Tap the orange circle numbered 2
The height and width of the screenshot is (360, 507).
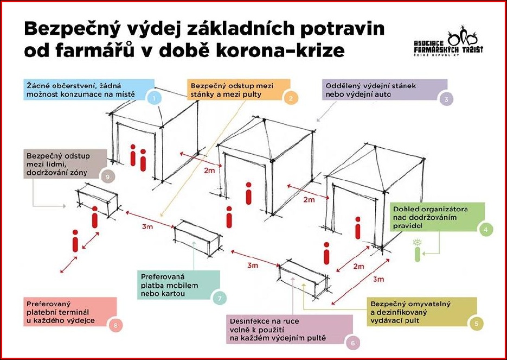click(291, 98)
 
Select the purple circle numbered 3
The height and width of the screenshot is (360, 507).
click(446, 99)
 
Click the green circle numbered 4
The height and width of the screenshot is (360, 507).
click(486, 230)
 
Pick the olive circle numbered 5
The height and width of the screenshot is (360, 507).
click(477, 324)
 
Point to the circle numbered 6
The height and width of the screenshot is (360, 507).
click(352, 343)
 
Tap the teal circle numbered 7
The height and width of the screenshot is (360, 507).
click(220, 298)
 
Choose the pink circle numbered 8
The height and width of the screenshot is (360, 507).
click(116, 325)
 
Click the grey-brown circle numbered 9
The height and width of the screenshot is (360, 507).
click(108, 176)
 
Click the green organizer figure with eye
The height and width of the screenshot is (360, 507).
click(418, 250)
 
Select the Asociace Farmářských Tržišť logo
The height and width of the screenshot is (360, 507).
click(448, 41)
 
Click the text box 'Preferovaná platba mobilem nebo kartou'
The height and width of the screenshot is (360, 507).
click(179, 285)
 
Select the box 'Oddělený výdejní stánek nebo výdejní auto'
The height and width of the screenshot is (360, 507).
click(385, 90)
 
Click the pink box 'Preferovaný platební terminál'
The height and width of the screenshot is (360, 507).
click(70, 312)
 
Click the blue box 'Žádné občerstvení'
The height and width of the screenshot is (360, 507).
click(89, 90)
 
